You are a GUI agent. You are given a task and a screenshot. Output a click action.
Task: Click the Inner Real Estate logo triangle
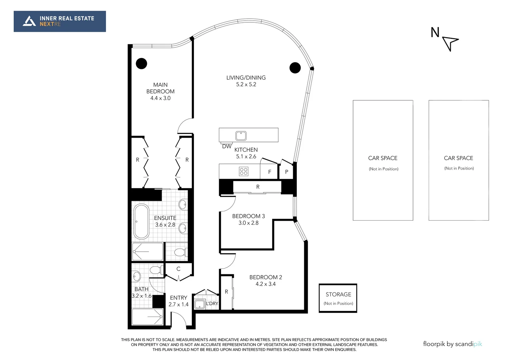tap(29, 21)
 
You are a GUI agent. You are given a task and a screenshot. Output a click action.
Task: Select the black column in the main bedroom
tap(141, 63)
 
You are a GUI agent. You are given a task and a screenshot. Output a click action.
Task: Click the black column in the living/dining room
tap(295, 68)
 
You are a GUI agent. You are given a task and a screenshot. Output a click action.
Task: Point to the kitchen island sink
tap(241, 136)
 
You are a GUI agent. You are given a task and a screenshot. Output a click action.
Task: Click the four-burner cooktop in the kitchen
tap(244, 171)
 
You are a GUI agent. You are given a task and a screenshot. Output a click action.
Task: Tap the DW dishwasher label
tap(227, 146)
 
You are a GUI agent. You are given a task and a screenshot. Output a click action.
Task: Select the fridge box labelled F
tap(269, 172)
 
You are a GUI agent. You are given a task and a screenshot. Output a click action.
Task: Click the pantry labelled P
tap(286, 172)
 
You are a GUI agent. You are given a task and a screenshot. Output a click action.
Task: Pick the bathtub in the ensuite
tap(141, 221)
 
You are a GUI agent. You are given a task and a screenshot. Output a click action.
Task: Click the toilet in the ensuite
tap(180, 252)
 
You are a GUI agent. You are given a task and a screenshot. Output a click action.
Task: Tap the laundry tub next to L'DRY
tap(200, 304)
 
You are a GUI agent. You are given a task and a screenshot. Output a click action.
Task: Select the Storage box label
tap(338, 295)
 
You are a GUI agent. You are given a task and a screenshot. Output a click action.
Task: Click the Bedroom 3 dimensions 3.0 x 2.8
tap(248, 223)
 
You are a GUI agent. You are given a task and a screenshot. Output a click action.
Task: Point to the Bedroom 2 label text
tap(265, 277)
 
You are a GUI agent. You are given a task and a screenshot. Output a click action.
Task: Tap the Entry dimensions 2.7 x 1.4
tap(178, 304)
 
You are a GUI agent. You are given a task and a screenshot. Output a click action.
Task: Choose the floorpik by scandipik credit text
tap(452, 344)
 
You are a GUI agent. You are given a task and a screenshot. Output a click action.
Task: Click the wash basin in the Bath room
tap(137, 276)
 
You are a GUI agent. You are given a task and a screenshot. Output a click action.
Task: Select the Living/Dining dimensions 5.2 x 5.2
tap(246, 85)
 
